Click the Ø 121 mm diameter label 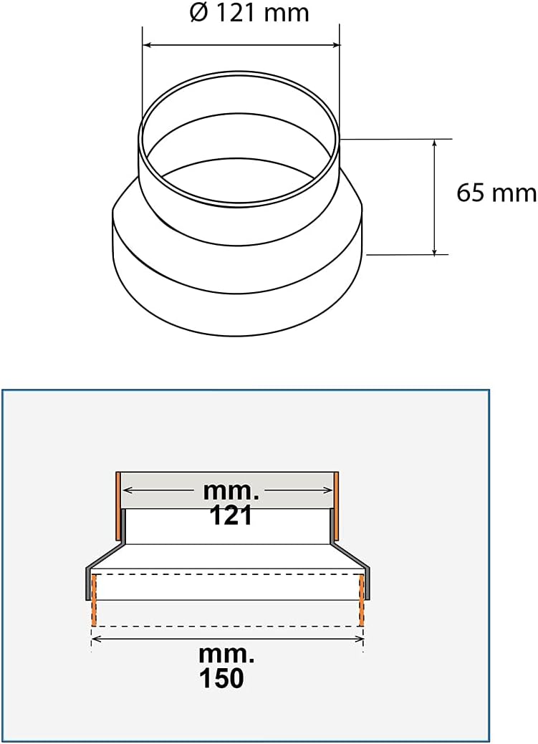point(249,14)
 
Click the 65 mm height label point(496,193)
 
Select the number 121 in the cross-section point(231,515)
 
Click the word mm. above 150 point(227,654)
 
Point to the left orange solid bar point(118,506)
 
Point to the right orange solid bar point(336,506)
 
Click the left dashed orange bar point(94,600)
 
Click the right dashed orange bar point(362,600)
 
